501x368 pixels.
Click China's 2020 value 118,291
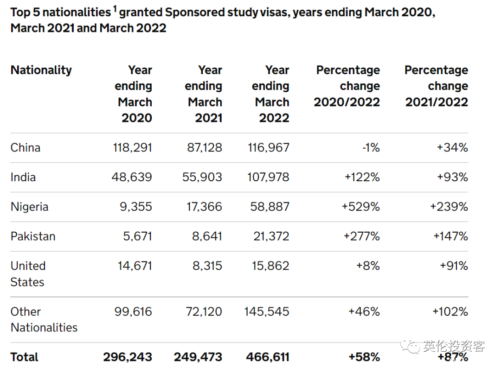(x=132, y=147)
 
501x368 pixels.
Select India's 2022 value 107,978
(x=268, y=177)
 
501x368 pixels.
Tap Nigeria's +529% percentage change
(x=361, y=207)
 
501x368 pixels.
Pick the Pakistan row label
(x=33, y=236)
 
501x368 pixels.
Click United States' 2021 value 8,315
(x=207, y=266)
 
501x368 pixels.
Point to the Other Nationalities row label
(x=44, y=319)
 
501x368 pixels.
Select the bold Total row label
(x=24, y=357)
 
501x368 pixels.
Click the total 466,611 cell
(x=268, y=357)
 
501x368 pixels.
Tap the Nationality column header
(x=41, y=70)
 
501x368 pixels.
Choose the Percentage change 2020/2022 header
(x=347, y=86)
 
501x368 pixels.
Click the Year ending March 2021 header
(x=204, y=94)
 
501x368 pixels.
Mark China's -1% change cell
(x=371, y=147)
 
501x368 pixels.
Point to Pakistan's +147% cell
(x=450, y=236)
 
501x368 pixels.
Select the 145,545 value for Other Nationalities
(x=266, y=311)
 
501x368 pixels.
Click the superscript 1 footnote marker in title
(x=115, y=9)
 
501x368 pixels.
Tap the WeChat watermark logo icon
(x=410, y=346)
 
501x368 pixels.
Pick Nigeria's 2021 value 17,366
(x=204, y=207)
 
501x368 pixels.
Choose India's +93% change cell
(x=452, y=177)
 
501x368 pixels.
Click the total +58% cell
(x=364, y=357)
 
